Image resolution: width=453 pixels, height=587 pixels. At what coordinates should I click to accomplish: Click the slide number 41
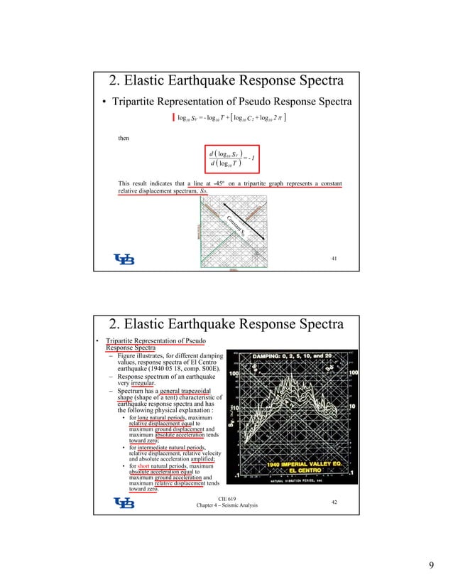click(x=334, y=259)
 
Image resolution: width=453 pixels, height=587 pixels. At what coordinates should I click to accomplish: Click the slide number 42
click(x=334, y=501)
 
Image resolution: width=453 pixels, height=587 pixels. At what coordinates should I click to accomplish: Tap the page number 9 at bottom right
click(x=431, y=565)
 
